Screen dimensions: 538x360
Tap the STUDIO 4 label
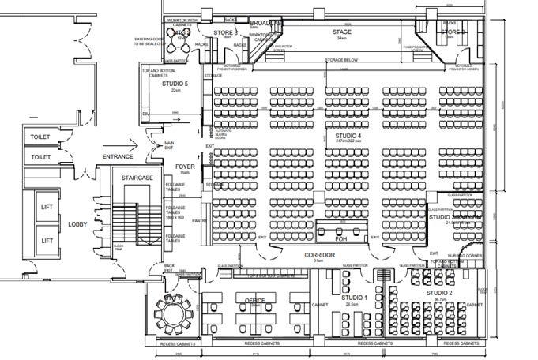click(348, 137)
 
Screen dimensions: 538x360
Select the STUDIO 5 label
click(175, 83)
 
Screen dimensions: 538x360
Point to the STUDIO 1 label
click(354, 298)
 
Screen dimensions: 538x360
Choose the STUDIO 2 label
click(440, 293)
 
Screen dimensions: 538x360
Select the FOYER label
click(185, 167)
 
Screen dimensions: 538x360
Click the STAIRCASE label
click(137, 178)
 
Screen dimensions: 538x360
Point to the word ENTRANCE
click(119, 156)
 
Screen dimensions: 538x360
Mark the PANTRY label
click(200, 222)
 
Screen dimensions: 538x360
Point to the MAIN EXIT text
click(168, 144)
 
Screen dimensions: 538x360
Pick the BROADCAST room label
click(261, 24)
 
